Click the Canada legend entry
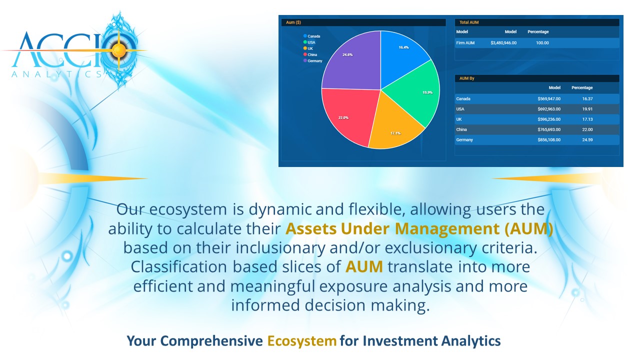point(311,36)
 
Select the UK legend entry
point(308,48)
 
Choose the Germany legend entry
point(313,61)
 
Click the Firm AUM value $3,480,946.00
point(503,43)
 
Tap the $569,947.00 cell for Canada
point(549,99)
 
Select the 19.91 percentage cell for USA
point(587,109)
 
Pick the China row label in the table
point(461,129)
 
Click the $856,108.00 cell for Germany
point(549,140)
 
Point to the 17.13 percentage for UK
point(587,119)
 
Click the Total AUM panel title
point(469,22)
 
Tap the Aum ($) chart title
point(293,22)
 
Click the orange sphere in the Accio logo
point(118,50)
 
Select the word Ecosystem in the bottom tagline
point(301,341)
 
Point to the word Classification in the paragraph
point(179,267)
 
